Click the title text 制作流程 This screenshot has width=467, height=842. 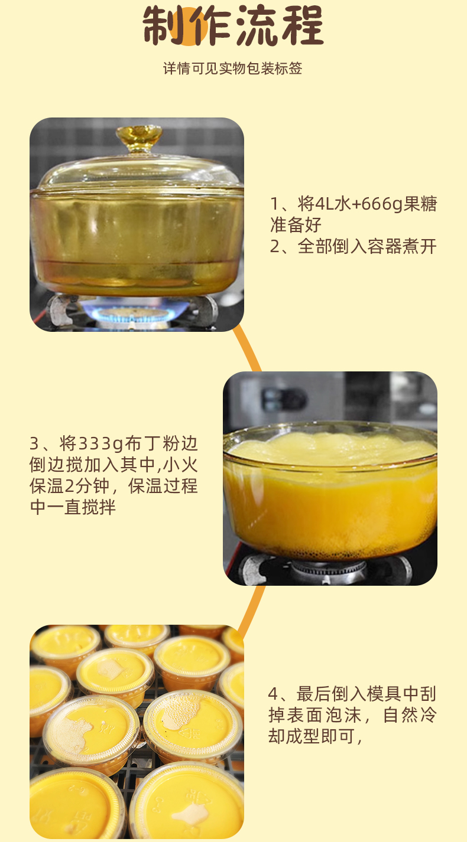point(233,26)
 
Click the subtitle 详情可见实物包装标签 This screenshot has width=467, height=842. point(232,68)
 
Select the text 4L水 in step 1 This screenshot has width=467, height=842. point(325,204)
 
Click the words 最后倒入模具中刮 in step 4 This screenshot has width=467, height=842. point(367,694)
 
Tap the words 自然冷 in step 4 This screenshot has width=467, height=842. point(410,715)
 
